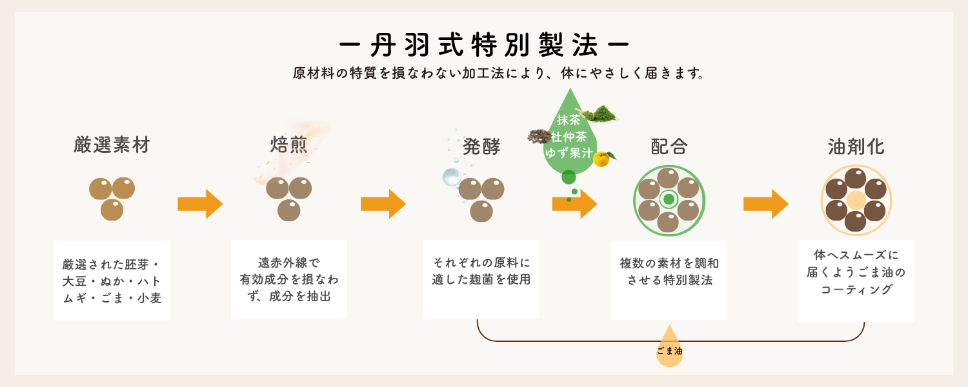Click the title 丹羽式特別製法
pyautogui.click(x=484, y=45)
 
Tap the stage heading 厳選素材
pyautogui.click(x=112, y=146)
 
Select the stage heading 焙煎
pyautogui.click(x=289, y=146)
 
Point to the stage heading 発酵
pyautogui.click(x=481, y=148)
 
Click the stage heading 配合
pyautogui.click(x=669, y=148)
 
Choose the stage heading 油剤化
pyautogui.click(x=856, y=148)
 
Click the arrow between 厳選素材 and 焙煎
pyautogui.click(x=200, y=204)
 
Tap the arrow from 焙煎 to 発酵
pyautogui.click(x=383, y=204)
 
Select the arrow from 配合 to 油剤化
pyautogui.click(x=766, y=204)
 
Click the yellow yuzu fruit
pyautogui.click(x=601, y=159)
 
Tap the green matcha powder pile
pyautogui.click(x=598, y=114)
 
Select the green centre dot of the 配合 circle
pyautogui.click(x=669, y=199)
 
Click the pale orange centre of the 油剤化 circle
pyautogui.click(x=856, y=199)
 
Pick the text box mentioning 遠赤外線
pyautogui.click(x=288, y=279)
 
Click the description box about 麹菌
pyautogui.click(x=481, y=279)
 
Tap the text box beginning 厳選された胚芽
pyautogui.click(x=112, y=281)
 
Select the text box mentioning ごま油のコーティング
pyautogui.click(x=856, y=281)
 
